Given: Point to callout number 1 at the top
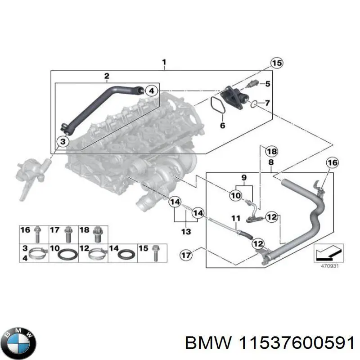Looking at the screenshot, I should tap(164, 61).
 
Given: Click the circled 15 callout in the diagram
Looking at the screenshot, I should tap(276, 63).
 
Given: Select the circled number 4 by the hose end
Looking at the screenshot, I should tap(152, 91).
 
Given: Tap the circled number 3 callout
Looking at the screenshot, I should tap(63, 142).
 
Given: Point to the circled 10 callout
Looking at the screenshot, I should tap(235, 195).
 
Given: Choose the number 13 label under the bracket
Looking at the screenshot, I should tap(186, 232).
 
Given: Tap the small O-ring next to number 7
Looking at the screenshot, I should tap(254, 105).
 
